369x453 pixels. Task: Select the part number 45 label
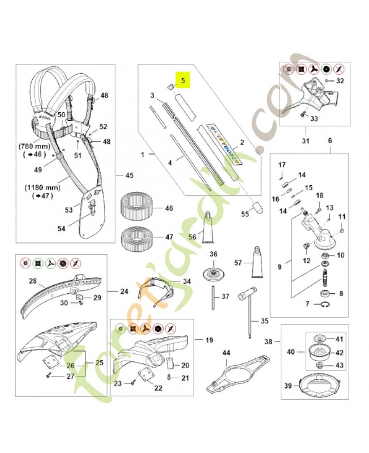click(x=129, y=175)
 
